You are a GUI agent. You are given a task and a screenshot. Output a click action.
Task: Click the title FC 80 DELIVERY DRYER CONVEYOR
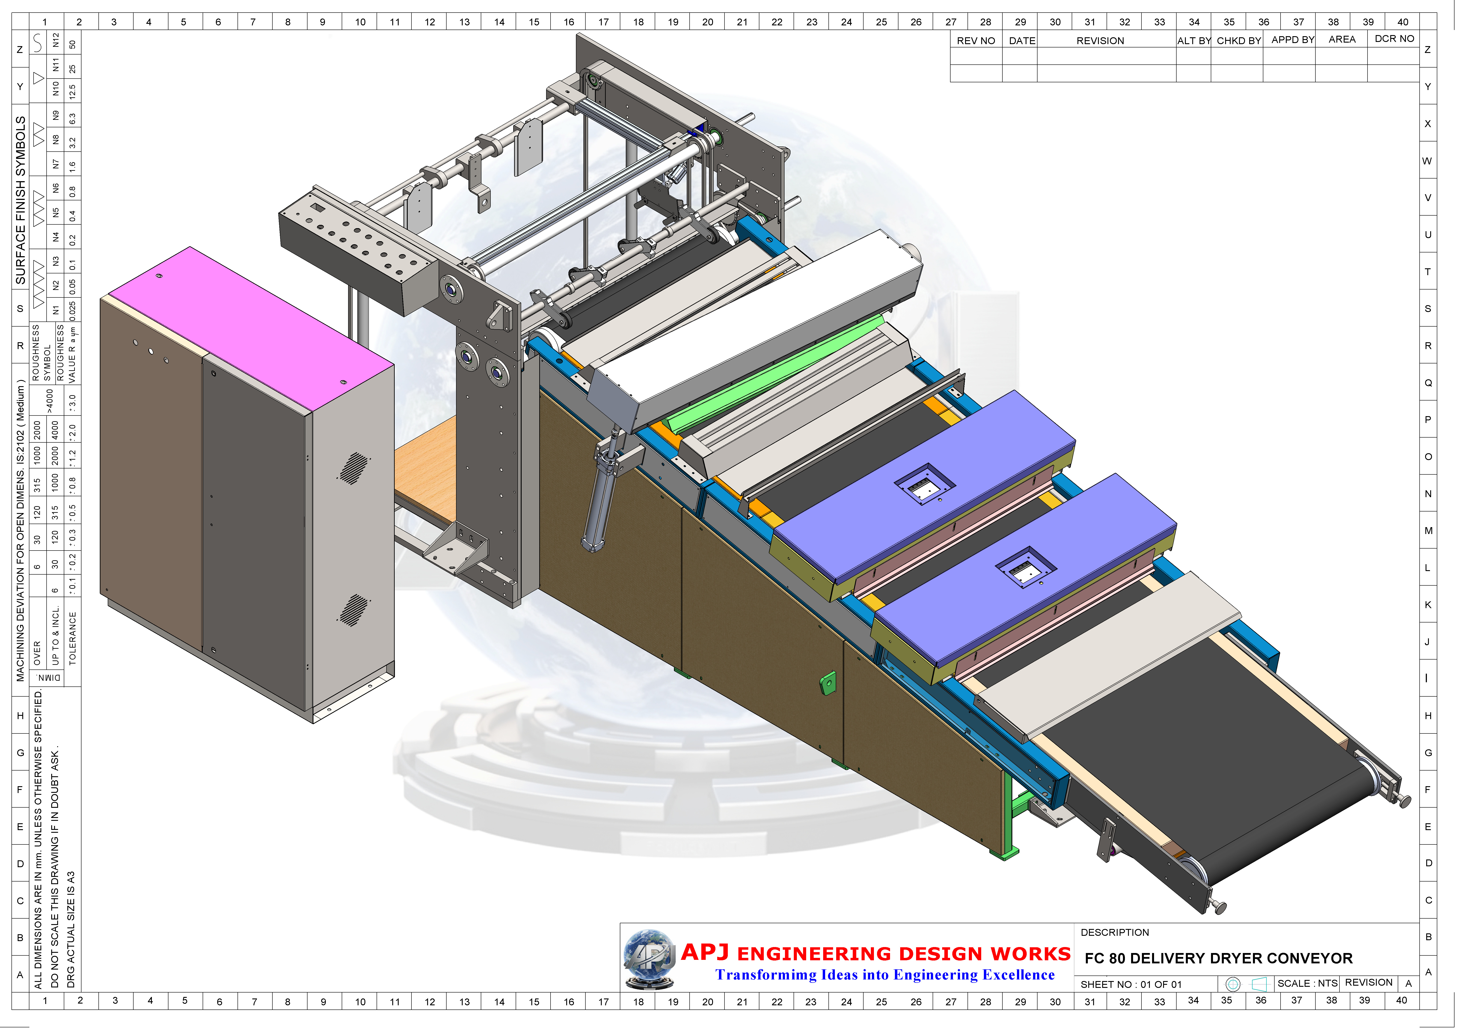tap(1218, 958)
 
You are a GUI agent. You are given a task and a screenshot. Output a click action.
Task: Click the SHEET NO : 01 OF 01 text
tap(1131, 984)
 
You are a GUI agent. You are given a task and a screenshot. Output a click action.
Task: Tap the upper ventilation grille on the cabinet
tap(354, 468)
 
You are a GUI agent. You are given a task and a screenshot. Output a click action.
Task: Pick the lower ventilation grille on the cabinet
tap(354, 610)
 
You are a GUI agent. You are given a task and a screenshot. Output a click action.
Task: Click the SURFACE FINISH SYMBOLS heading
tap(20, 200)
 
